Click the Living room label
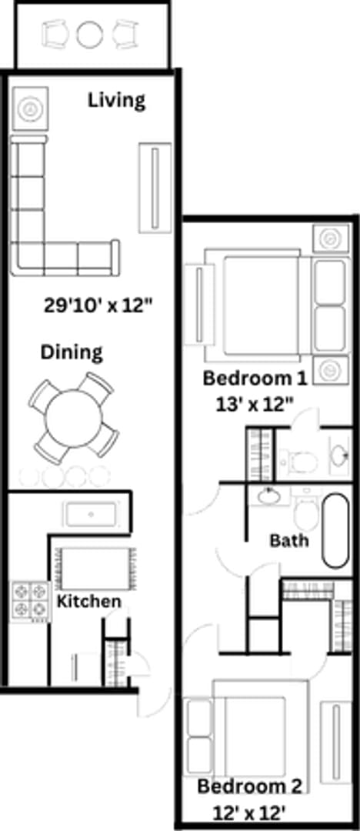pyautogui.click(x=116, y=100)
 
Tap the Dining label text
pyautogui.click(x=72, y=352)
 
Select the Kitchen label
pyautogui.click(x=89, y=601)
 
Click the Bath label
pyautogui.click(x=289, y=539)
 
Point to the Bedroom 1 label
pyautogui.click(x=255, y=378)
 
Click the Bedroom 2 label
pyautogui.click(x=249, y=786)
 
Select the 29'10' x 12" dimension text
pyautogui.click(x=98, y=305)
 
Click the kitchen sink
pyautogui.click(x=92, y=513)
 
